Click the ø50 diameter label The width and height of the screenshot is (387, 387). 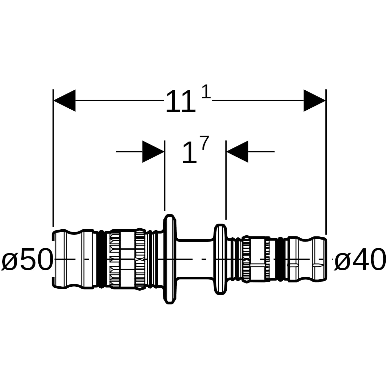(27, 259)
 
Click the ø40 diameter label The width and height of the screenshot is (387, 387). (360, 259)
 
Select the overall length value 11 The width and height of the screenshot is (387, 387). (180, 102)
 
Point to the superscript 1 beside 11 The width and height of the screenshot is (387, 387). (206, 92)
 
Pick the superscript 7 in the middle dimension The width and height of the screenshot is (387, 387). (205, 143)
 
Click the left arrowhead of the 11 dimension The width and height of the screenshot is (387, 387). (64, 100)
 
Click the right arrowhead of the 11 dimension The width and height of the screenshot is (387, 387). (314, 100)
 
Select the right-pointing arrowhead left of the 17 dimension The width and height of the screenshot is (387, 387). (153, 152)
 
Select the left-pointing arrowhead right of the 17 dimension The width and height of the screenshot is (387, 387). (237, 152)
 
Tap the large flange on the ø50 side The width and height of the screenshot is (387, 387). (170, 259)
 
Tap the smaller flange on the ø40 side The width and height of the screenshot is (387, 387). (220, 259)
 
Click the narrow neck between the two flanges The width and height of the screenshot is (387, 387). (195, 259)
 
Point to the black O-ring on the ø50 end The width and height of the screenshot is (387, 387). (101, 259)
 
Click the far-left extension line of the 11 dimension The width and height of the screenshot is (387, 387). (53, 158)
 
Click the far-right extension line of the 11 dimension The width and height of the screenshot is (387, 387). (326, 162)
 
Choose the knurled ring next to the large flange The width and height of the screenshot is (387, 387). (140, 259)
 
